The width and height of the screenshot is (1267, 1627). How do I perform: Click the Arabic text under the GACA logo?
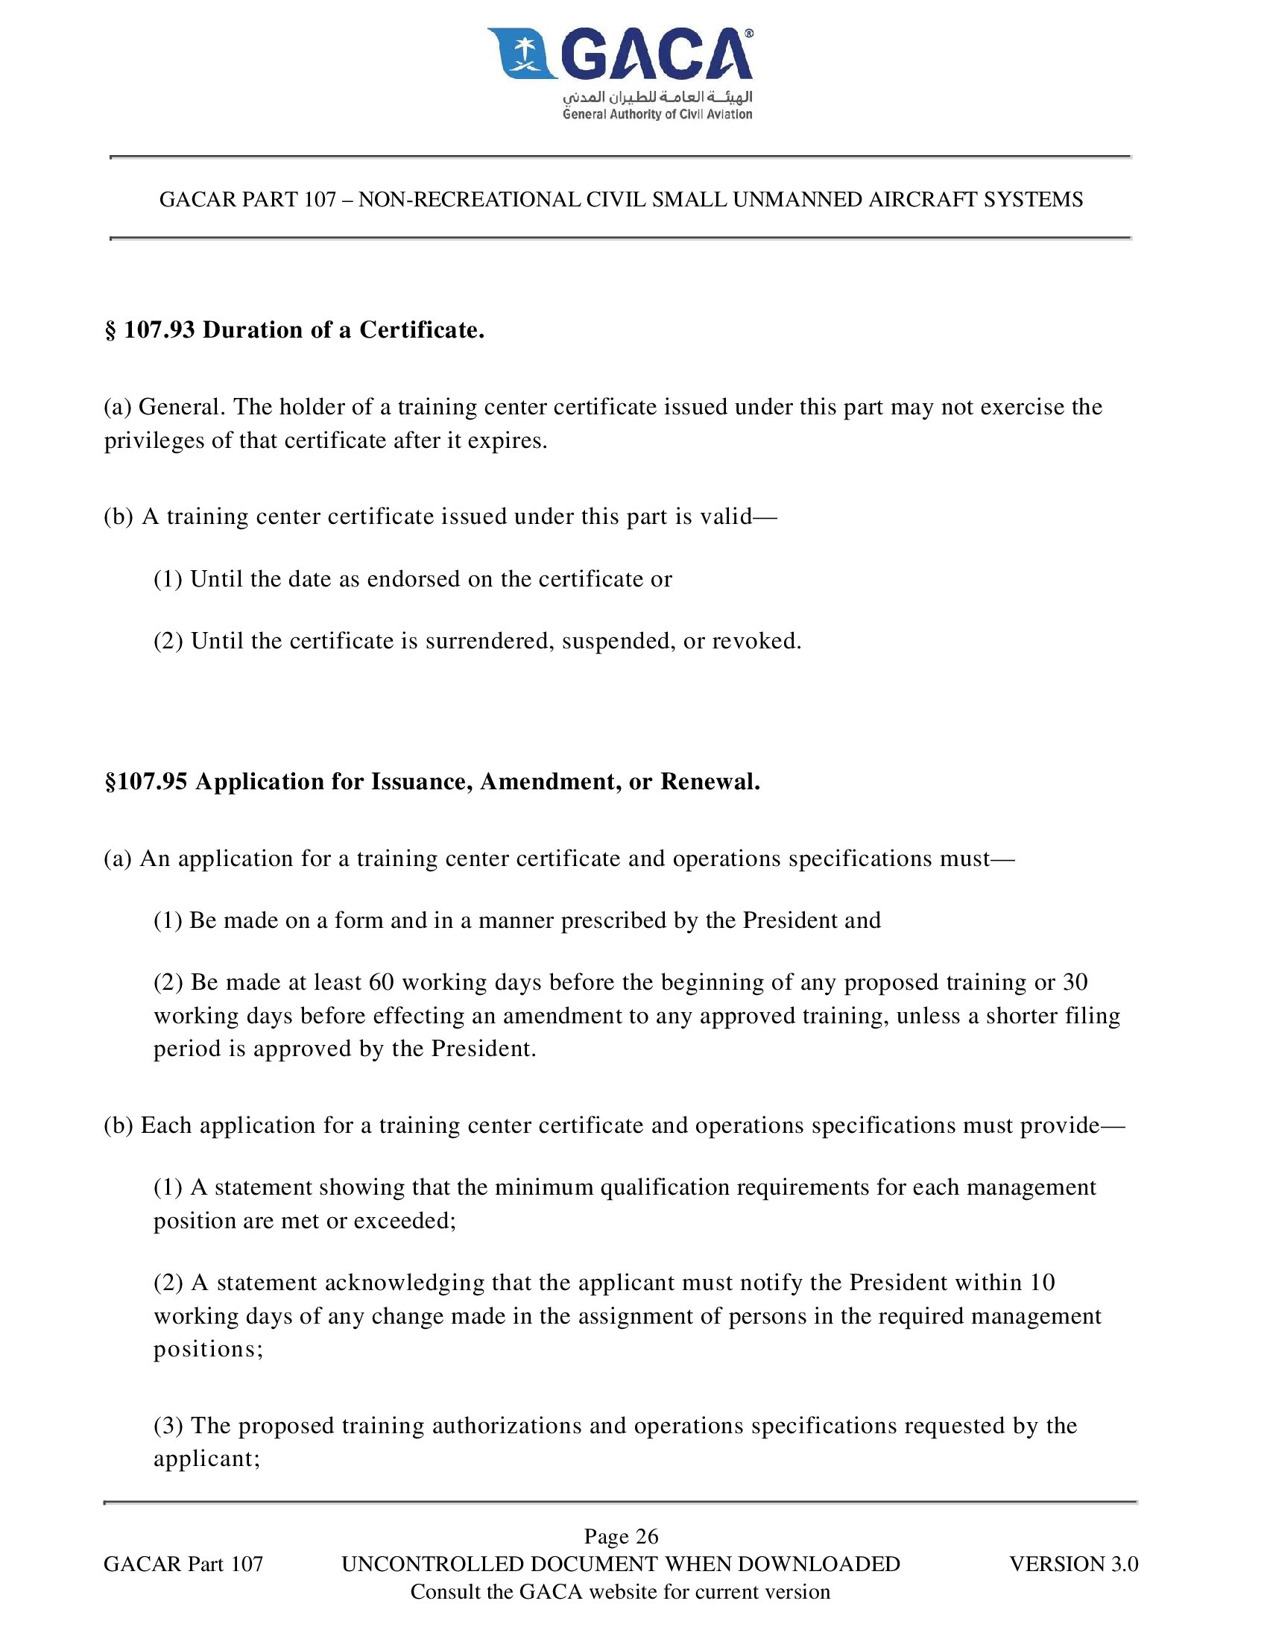657,97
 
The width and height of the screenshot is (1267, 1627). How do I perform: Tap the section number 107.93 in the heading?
159,329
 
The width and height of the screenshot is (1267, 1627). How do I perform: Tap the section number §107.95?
146,781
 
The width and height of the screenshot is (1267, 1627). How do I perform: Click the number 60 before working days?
382,982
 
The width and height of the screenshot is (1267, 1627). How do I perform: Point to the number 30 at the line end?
1075,982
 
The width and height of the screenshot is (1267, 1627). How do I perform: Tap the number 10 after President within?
1043,1282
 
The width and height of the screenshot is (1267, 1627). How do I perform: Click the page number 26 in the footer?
647,1536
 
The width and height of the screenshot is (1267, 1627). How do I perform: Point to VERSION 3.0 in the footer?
1073,1564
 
